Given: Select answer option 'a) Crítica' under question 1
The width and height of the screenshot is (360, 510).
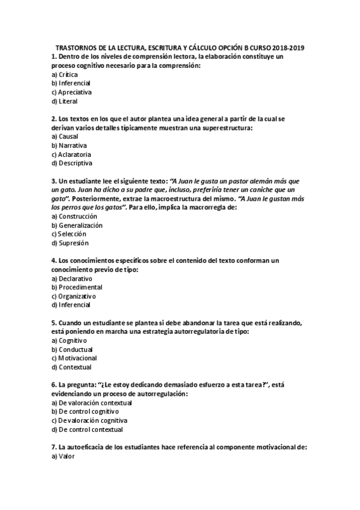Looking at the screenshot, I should (x=65, y=74).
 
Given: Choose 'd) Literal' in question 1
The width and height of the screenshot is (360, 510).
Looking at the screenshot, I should (x=65, y=102).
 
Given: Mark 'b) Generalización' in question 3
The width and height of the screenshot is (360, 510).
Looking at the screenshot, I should (x=78, y=225).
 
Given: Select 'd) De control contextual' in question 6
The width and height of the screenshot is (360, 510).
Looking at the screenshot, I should (x=87, y=429).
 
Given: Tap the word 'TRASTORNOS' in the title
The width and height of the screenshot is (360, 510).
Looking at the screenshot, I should (x=75, y=46).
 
